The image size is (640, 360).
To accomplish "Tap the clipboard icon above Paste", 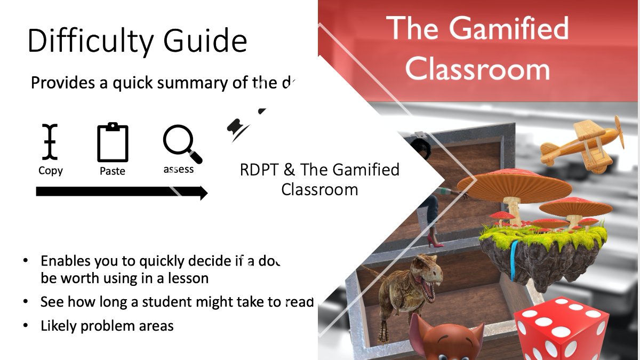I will (x=113, y=142).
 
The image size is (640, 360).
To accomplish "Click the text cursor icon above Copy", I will (x=51, y=142).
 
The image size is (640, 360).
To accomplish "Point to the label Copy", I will (x=51, y=171).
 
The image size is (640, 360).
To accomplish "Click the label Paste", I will (x=113, y=171).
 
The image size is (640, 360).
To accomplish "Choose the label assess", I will (x=179, y=170).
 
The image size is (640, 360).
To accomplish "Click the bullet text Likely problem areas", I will (x=107, y=325).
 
